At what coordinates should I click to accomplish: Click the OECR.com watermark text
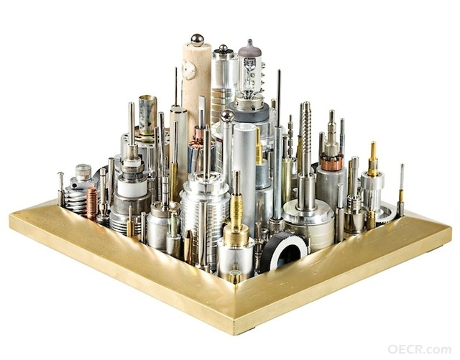pos(420,349)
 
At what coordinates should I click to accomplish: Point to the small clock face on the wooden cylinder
pos(188,70)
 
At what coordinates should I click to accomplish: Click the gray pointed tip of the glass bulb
pos(249,44)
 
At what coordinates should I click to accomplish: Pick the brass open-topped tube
pos(148,115)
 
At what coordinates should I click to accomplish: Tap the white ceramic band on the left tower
pos(132,187)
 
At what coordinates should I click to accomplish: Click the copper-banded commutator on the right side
pos(331,162)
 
